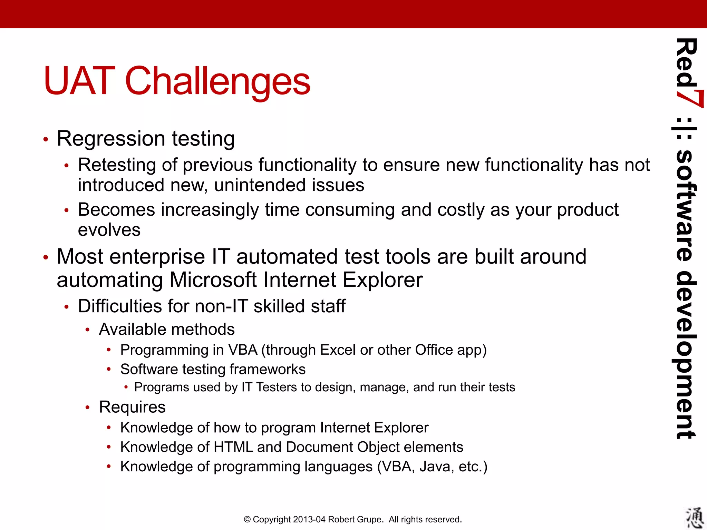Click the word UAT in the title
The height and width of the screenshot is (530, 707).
[79, 81]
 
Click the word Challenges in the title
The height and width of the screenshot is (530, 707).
[217, 81]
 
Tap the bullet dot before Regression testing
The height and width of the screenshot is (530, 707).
[46, 139]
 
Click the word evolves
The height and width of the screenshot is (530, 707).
[109, 230]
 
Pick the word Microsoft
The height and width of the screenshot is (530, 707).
[213, 280]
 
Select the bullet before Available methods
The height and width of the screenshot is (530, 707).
[88, 330]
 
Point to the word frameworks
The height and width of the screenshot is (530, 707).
[268, 370]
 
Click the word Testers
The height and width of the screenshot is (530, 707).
[276, 387]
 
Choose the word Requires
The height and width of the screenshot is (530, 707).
[132, 407]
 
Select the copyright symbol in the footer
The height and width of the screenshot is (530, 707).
[247, 520]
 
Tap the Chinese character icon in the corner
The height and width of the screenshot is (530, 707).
[694, 518]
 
